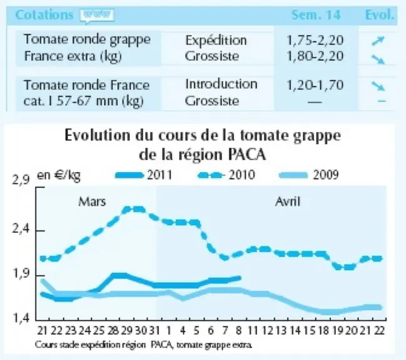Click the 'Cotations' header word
(x=44, y=15)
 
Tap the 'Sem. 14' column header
(x=316, y=15)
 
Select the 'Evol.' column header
(x=380, y=15)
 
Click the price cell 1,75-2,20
(x=315, y=41)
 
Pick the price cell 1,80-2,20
(x=315, y=56)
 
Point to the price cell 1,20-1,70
(x=315, y=85)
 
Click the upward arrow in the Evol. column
(x=378, y=41)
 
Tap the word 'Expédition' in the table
(x=216, y=41)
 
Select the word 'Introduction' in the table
(x=221, y=84)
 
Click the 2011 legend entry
(x=144, y=175)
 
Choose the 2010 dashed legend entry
(x=226, y=175)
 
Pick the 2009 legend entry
(x=309, y=175)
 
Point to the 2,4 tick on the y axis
(x=19, y=229)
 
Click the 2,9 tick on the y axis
(x=21, y=181)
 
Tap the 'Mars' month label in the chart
(x=92, y=201)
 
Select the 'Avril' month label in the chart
(x=288, y=201)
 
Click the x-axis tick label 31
(x=154, y=331)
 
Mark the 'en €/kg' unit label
(x=59, y=176)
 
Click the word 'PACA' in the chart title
(x=247, y=155)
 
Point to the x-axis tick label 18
(x=324, y=331)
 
